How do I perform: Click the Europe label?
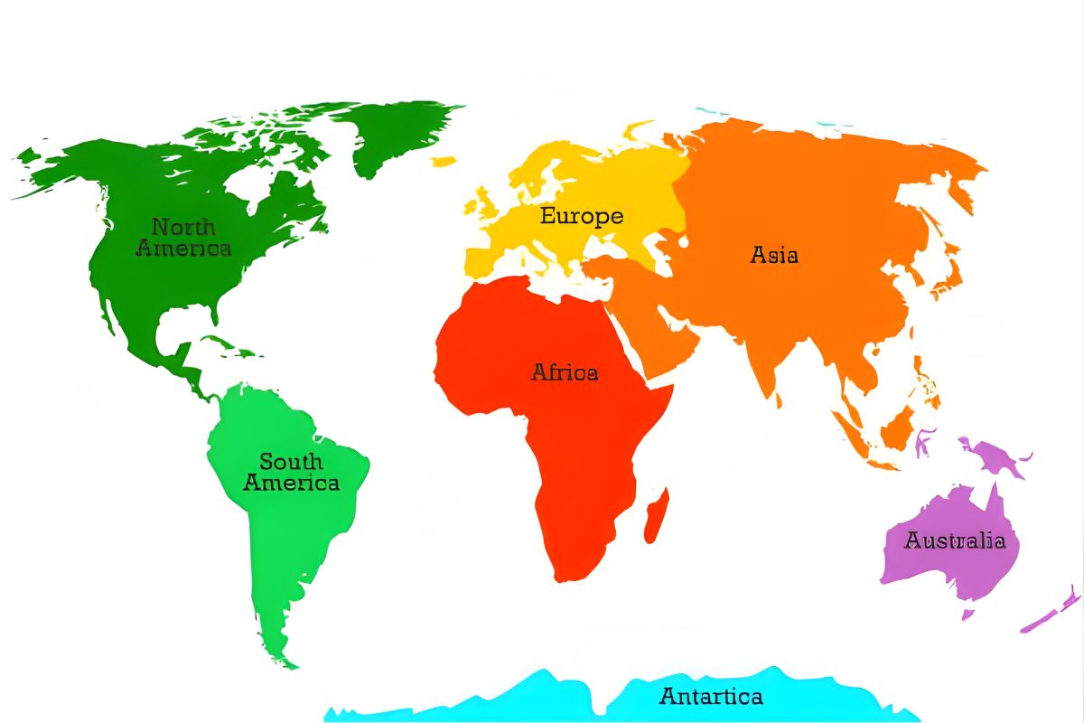582,216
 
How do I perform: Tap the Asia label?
774,255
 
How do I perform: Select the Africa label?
565,371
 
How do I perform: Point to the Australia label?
955,540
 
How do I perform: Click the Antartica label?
711,697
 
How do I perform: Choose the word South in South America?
291,462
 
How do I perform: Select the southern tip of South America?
287,664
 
